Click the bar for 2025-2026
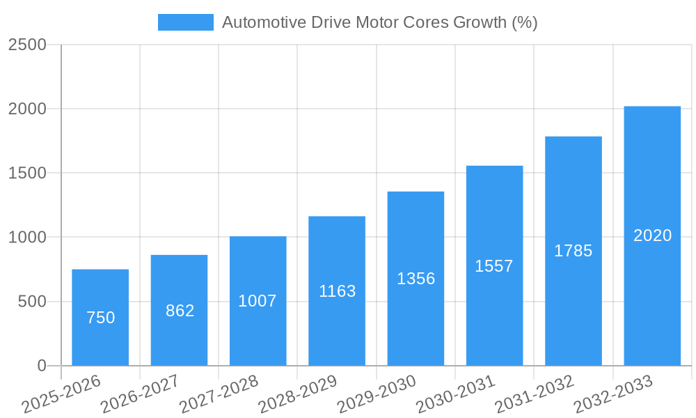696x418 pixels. (100, 317)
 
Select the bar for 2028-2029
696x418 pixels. (337, 291)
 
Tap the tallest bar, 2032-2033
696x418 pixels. (652, 235)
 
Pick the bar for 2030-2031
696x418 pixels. (494, 265)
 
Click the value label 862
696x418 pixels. (180, 311)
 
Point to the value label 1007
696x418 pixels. (258, 301)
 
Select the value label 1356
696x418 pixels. (416, 279)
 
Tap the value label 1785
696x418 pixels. (573, 251)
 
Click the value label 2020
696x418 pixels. (652, 235)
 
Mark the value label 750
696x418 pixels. (100, 318)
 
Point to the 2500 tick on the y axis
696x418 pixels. (27, 45)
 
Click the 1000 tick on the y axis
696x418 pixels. (27, 238)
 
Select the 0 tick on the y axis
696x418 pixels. (41, 366)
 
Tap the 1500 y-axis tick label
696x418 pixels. (27, 173)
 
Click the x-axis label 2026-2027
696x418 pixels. (140, 394)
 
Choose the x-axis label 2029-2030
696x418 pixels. (377, 394)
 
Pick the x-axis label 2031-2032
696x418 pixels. (535, 394)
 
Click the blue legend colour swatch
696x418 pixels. (185, 22)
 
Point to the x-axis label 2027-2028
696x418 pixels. (219, 394)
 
